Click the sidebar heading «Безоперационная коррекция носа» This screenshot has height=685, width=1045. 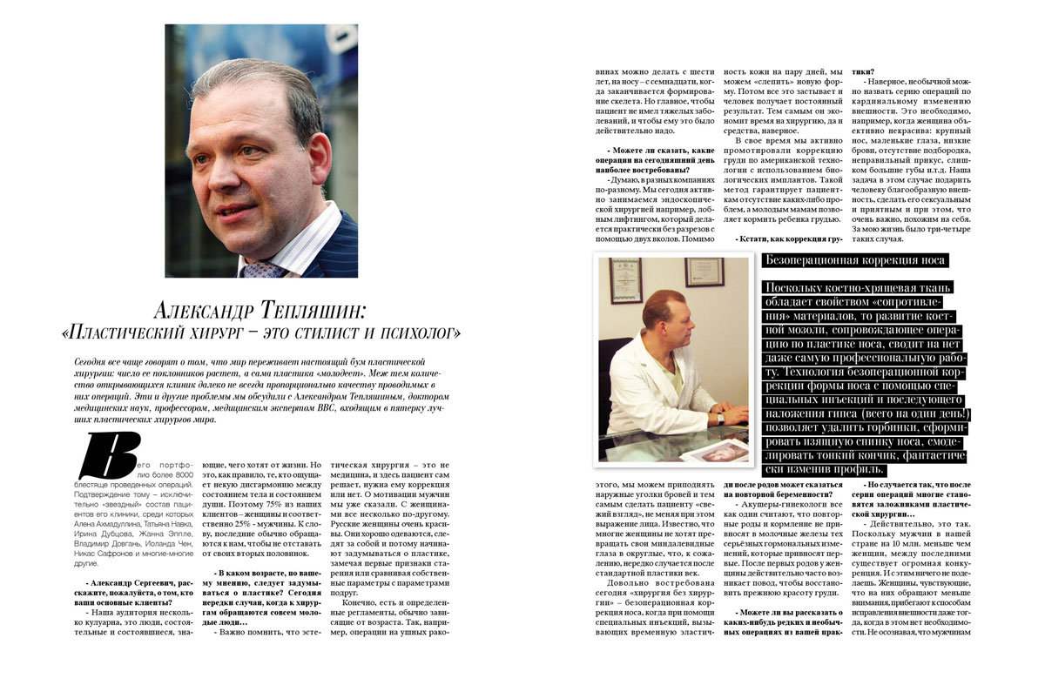point(853,260)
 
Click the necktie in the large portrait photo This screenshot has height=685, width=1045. point(261,270)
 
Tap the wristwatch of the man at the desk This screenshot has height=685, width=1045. point(720,418)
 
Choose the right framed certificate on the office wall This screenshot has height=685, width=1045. point(704,272)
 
